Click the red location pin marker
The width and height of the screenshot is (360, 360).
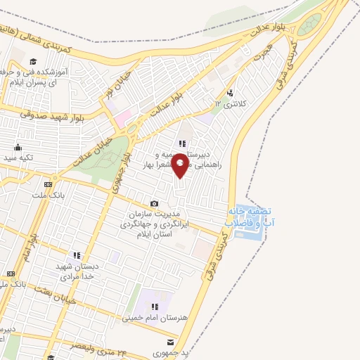pos(180,165)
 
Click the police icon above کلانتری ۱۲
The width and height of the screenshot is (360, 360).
pos(231,93)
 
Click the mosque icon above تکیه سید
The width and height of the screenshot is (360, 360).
pos(18,148)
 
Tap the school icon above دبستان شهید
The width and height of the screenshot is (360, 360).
pos(77,255)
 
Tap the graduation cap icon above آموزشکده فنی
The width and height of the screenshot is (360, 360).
pos(33,60)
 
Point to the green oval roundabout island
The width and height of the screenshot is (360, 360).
pos(309,26)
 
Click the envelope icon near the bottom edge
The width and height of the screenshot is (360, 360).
pos(170,342)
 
